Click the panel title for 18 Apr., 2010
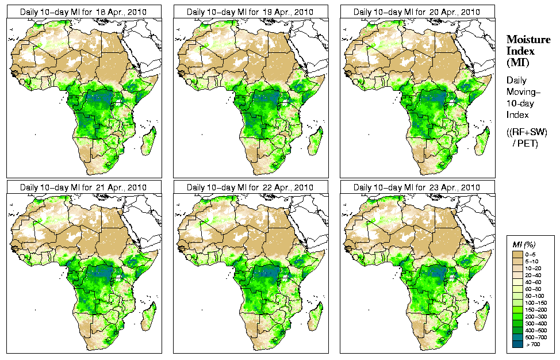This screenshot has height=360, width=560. [83, 12]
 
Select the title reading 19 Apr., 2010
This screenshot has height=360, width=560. [250, 12]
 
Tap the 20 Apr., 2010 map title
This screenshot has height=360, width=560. [417, 12]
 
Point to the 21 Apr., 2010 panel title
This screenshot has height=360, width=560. [83, 187]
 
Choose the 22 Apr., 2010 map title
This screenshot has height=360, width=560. [250, 187]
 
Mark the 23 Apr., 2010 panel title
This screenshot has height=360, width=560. [417, 187]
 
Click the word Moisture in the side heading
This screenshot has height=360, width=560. [526, 39]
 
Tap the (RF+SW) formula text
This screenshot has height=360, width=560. [527, 132]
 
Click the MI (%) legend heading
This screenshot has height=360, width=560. [523, 244]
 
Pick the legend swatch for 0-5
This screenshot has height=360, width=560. [518, 253]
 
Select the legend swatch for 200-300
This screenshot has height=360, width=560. [518, 315]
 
